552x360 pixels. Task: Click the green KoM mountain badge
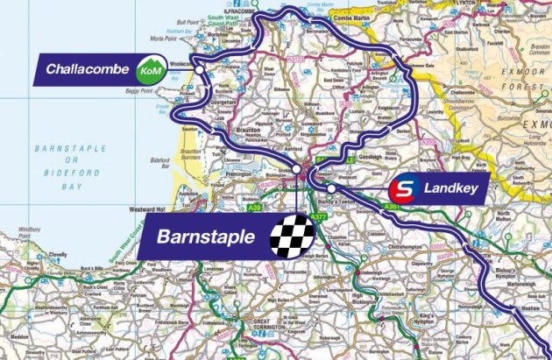150,68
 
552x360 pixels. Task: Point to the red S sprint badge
401,187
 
